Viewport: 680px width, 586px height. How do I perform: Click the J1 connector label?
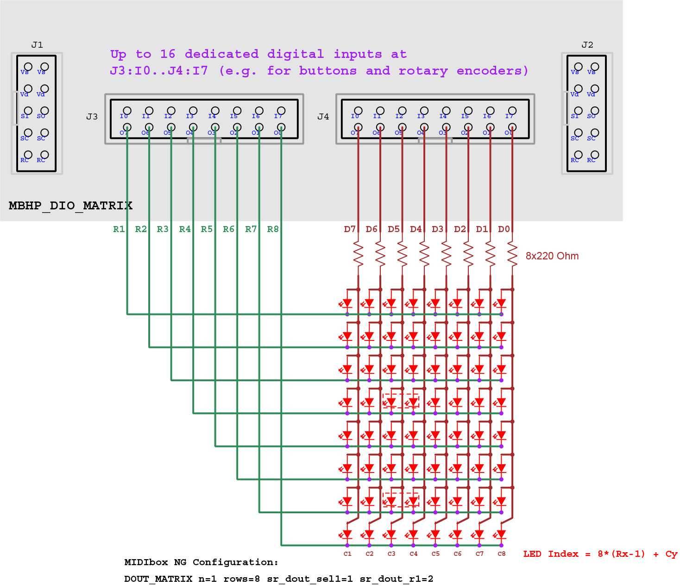(x=37, y=45)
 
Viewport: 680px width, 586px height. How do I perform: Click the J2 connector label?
(x=587, y=45)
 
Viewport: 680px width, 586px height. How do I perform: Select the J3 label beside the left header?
(x=92, y=117)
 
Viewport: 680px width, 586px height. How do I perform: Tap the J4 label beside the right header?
(x=323, y=117)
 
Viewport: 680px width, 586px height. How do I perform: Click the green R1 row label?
(x=119, y=229)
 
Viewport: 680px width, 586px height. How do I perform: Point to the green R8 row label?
(x=273, y=229)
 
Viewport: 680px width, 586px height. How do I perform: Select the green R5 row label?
(x=207, y=229)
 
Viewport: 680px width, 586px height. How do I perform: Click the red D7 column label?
(x=350, y=229)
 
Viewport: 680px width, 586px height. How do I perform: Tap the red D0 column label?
(x=504, y=229)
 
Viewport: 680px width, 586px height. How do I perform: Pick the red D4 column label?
(x=416, y=229)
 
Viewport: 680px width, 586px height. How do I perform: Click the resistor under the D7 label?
(x=358, y=254)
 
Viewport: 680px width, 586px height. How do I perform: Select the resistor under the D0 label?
(x=512, y=254)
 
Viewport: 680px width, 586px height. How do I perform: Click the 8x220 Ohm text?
(x=552, y=256)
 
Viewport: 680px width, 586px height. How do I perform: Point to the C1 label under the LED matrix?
(x=347, y=554)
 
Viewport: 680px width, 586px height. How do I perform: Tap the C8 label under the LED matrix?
(x=502, y=554)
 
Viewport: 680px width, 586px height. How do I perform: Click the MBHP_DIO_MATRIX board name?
(x=70, y=206)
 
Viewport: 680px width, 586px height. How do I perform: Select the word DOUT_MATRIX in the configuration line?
(x=158, y=579)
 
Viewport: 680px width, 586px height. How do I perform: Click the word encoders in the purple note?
(x=492, y=71)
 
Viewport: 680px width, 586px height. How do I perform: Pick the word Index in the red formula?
(x=563, y=554)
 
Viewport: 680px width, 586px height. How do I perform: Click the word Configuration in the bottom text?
(x=235, y=562)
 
